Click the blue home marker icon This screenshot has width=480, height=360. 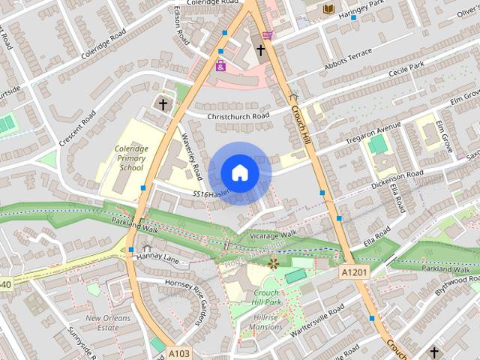click(239, 172)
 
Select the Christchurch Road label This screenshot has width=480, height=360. click(239, 116)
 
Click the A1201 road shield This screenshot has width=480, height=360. click(355, 271)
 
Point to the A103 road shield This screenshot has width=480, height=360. click(178, 352)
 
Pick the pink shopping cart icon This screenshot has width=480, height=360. click(268, 34)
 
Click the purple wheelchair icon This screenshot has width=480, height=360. click(220, 66)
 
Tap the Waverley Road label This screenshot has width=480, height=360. click(192, 157)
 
